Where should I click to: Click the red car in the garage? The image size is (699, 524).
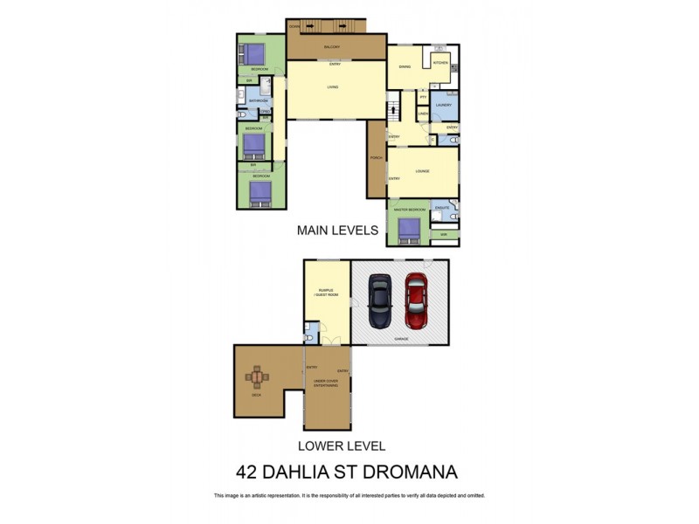click(x=415, y=300)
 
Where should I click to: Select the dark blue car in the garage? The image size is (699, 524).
click(x=380, y=300)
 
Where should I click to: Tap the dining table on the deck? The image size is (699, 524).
click(x=258, y=377)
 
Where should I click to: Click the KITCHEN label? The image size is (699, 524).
click(x=440, y=64)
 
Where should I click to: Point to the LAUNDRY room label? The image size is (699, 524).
click(x=443, y=105)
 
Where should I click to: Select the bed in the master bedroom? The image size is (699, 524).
click(x=409, y=230)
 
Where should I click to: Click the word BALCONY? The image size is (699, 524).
click(x=332, y=46)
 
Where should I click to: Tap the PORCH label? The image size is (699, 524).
click(x=376, y=158)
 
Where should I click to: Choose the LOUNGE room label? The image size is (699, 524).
click(x=422, y=171)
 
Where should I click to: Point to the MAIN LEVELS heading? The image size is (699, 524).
click(x=337, y=231)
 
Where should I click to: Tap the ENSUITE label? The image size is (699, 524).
click(x=442, y=207)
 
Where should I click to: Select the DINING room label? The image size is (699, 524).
click(x=405, y=66)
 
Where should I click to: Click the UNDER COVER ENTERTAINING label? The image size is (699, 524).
click(x=328, y=385)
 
